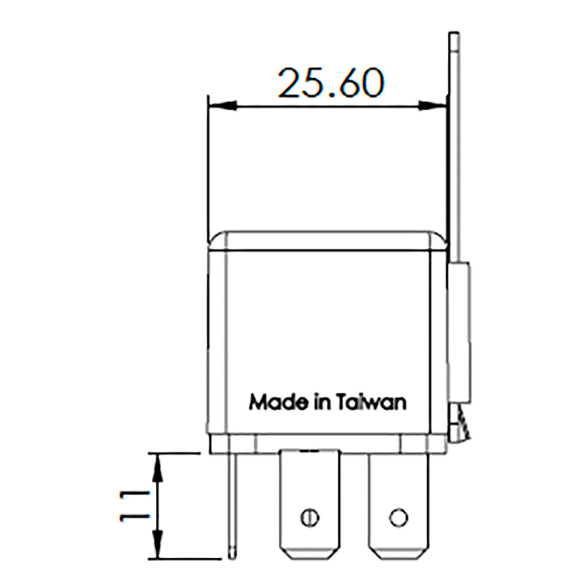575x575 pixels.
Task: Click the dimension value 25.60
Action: (330, 83)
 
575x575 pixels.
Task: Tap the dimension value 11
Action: (132, 505)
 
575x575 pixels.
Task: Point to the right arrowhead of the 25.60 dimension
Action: (432, 106)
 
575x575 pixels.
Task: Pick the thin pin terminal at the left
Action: (232, 506)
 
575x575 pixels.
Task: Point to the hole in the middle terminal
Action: (309, 517)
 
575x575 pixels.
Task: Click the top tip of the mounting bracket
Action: (454, 36)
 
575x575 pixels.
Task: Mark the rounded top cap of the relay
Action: (327, 240)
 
